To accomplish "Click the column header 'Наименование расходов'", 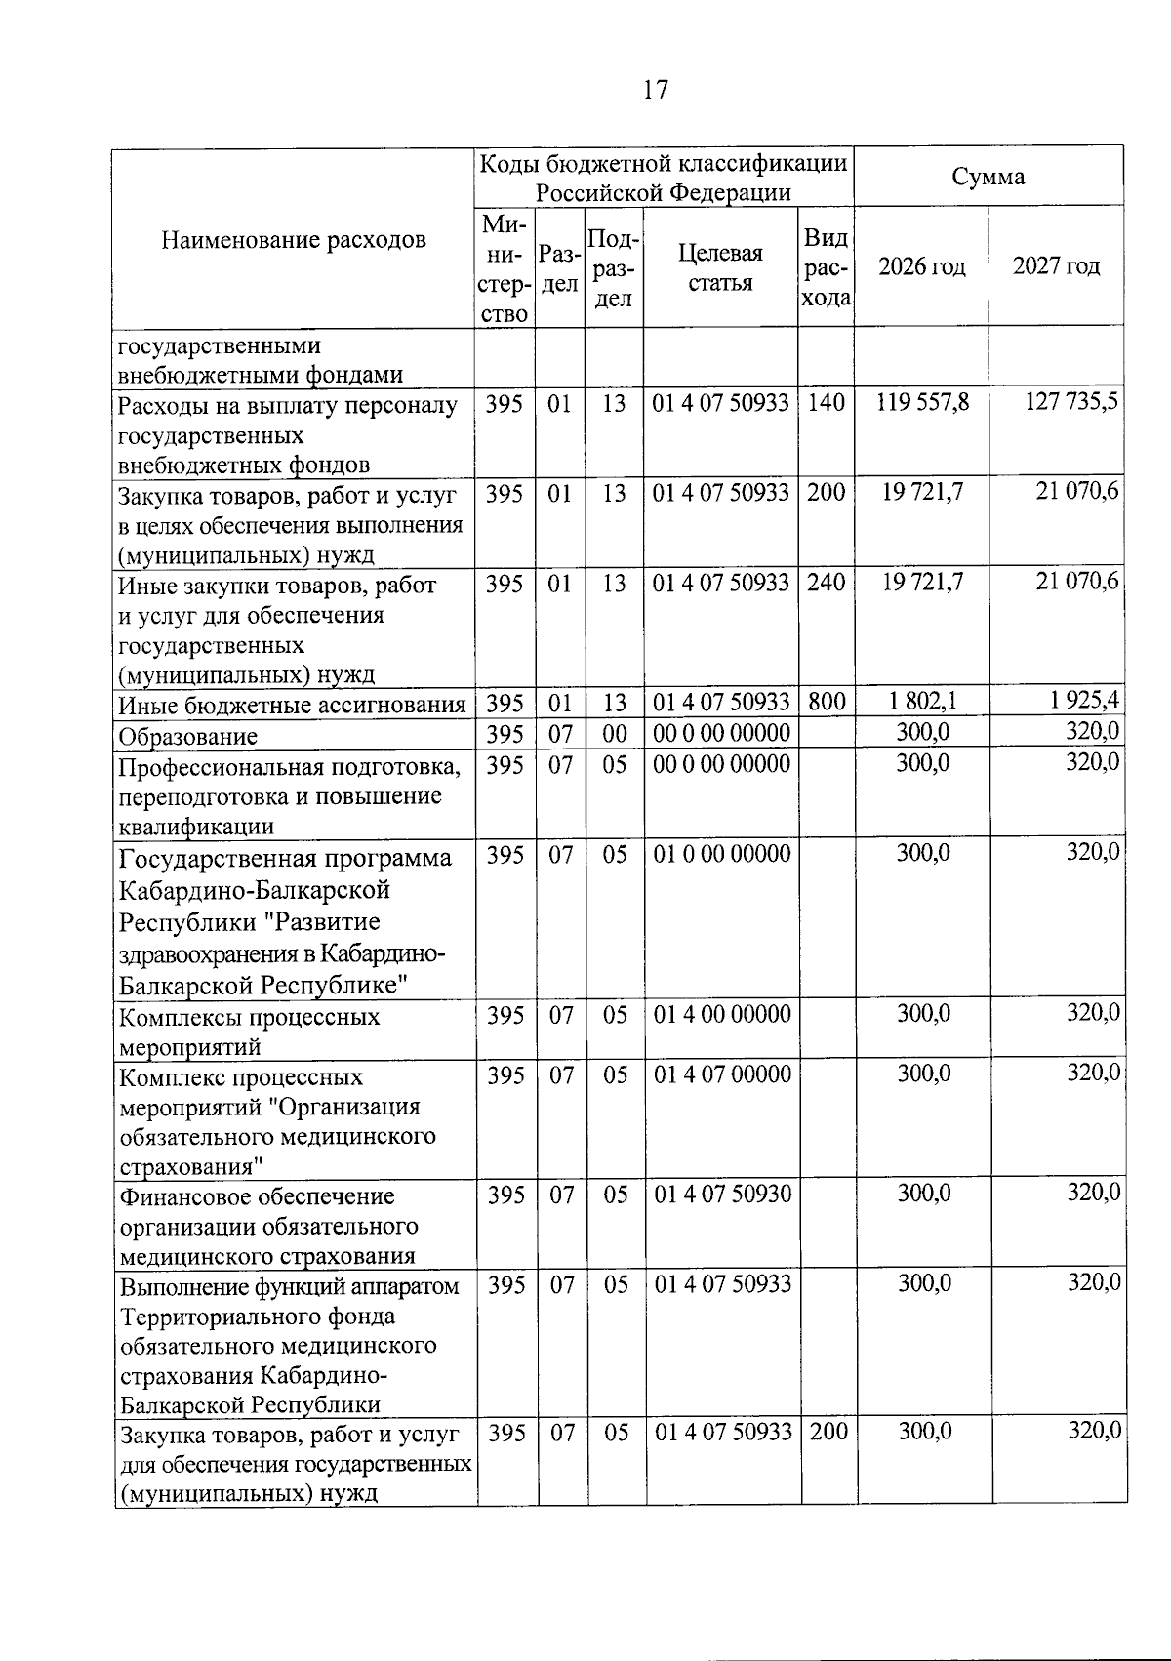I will [294, 240].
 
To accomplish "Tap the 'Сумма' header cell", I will [988, 178].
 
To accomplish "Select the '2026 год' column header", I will [921, 266].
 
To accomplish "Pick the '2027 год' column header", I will [1056, 266].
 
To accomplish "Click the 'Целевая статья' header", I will [720, 267].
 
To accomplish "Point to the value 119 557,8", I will [922, 403].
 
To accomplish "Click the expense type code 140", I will [826, 403].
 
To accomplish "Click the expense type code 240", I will [826, 583].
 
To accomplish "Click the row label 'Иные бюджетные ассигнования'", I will [292, 706].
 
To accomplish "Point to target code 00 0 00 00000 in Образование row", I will [720, 733].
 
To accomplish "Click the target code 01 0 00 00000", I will [720, 854].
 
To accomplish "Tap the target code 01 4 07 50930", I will [720, 1194].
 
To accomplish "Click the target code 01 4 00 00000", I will [720, 1014].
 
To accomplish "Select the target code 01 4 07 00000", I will [720, 1074].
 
